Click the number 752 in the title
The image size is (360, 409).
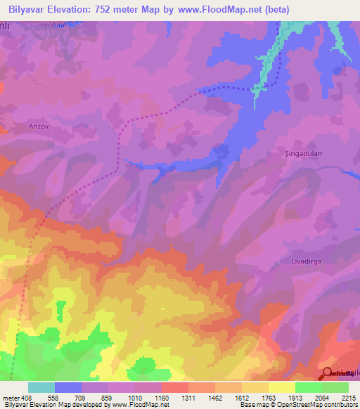(108, 10)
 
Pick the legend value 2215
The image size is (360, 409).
(348, 398)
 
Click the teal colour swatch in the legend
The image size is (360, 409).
(41, 387)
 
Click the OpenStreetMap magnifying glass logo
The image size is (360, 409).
(327, 374)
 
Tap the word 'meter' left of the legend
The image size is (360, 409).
(12, 398)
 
